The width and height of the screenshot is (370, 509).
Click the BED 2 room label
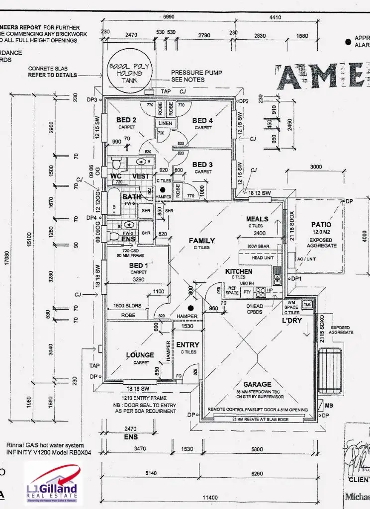coord(126,120)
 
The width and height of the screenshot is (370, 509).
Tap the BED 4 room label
coord(202,120)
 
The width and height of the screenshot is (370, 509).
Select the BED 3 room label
coord(202,165)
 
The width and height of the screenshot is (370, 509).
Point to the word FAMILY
coord(202,241)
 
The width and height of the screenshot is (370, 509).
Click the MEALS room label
coord(257,219)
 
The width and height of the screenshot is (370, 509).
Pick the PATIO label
coord(321,225)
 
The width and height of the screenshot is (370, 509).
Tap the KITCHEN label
coord(239,272)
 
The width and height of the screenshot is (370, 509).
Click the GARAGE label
coord(257,384)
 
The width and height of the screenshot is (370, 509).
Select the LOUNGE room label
coord(139,355)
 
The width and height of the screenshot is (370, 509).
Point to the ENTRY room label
coord(187,344)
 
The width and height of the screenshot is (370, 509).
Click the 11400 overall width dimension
coord(212,498)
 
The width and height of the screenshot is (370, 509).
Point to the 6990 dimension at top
coord(170,17)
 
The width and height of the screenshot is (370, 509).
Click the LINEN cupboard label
coord(166,123)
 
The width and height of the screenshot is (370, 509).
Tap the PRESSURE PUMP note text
coord(196,73)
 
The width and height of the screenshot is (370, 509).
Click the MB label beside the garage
coord(329,405)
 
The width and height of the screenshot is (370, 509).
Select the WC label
coord(116,176)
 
